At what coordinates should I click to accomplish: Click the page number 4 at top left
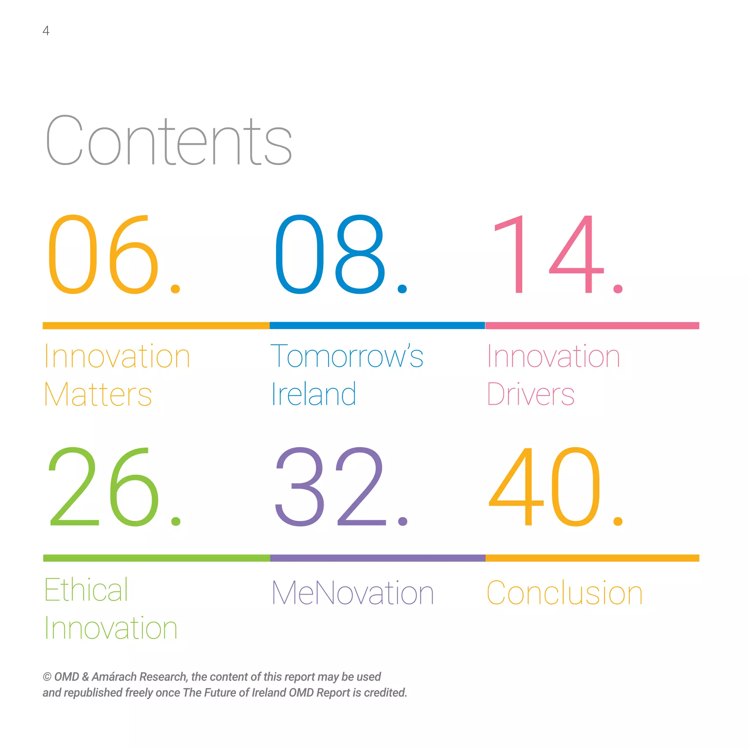click(46, 31)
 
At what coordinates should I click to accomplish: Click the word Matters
click(98, 395)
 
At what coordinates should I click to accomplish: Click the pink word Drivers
click(530, 395)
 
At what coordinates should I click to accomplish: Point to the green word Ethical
click(86, 590)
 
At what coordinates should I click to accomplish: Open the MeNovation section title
click(352, 593)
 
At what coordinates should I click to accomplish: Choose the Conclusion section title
click(564, 593)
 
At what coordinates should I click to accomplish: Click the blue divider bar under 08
click(377, 325)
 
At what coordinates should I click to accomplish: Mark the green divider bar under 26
click(156, 558)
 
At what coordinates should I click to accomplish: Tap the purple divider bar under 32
click(377, 558)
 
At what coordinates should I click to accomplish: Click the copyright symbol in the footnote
click(47, 677)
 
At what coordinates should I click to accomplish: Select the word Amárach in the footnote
click(114, 677)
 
